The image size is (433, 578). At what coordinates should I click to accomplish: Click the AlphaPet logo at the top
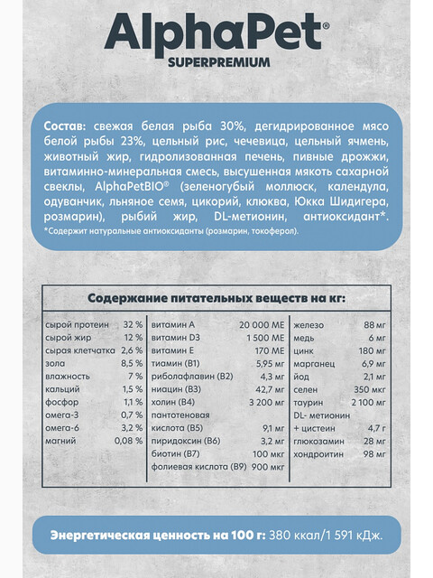coord(216,34)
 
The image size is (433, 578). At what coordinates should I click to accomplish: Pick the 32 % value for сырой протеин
coord(133,324)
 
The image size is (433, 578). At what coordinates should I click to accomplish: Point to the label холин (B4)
coord(174,398)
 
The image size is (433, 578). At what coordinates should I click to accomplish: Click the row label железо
coord(310,324)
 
